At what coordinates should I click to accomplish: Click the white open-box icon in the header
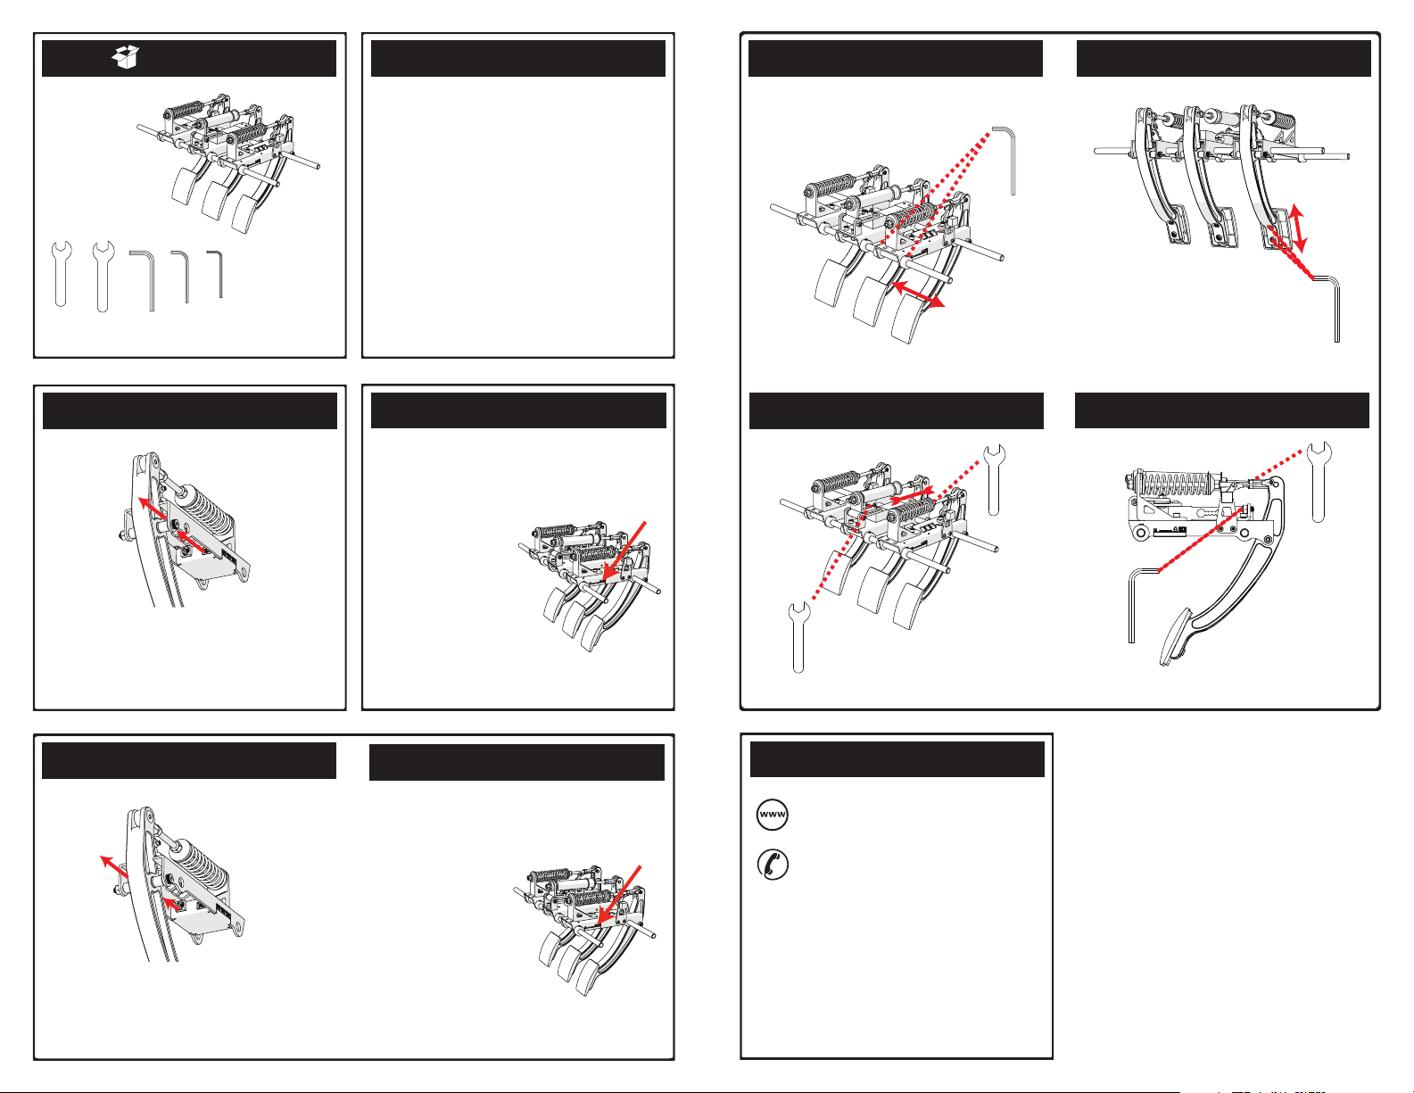(x=125, y=56)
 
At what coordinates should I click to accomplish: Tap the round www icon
(x=773, y=815)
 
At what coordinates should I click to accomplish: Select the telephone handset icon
(x=773, y=865)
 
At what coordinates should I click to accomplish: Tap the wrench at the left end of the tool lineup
(x=62, y=273)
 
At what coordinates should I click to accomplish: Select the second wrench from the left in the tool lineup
(x=103, y=277)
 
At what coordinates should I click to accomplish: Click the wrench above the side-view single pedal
(x=1319, y=482)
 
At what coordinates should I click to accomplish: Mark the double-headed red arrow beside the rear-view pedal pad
(x=1297, y=228)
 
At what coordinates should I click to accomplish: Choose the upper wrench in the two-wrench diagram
(x=994, y=480)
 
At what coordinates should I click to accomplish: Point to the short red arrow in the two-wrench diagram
(x=912, y=495)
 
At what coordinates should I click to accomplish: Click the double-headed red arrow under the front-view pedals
(x=918, y=294)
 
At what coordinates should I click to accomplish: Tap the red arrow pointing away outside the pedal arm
(x=114, y=866)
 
